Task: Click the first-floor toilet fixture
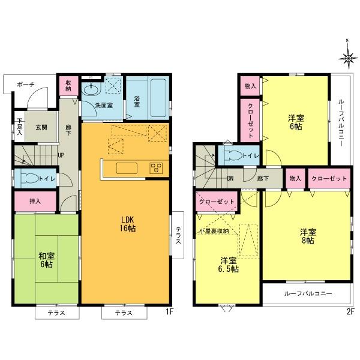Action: (x=29, y=178)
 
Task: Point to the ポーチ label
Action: (x=25, y=85)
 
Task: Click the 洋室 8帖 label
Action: (x=307, y=236)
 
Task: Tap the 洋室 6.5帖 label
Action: (x=229, y=265)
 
